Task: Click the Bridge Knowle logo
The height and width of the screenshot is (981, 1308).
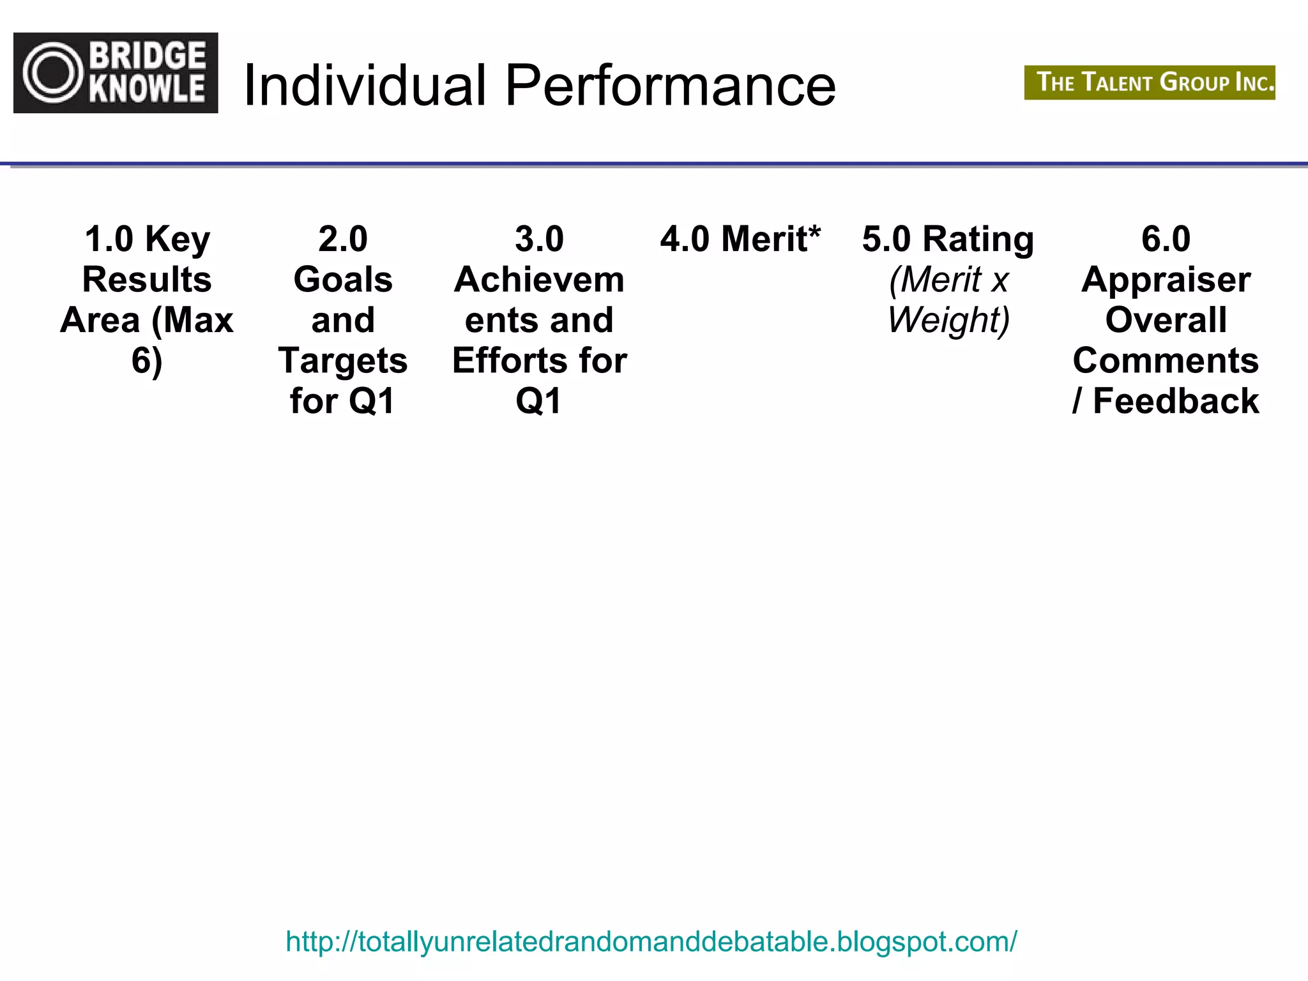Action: [x=116, y=73]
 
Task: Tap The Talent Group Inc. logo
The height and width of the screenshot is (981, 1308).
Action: [x=1149, y=82]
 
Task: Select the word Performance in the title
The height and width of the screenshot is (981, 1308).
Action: [x=670, y=86]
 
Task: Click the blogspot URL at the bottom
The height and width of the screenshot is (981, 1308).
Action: [x=651, y=941]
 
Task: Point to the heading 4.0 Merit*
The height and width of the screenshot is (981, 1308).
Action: [x=740, y=240]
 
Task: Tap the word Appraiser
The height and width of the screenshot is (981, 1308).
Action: [x=1166, y=280]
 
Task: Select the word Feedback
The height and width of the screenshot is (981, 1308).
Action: [x=1176, y=401]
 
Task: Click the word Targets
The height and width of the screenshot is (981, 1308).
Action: [x=343, y=361]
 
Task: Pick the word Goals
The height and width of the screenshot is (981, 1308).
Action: [x=343, y=280]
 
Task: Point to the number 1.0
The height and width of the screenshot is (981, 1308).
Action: [x=109, y=240]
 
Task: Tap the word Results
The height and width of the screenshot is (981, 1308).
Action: [x=147, y=280]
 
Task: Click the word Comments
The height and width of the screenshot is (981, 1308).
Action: [x=1166, y=361]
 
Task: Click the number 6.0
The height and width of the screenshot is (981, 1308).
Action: [x=1166, y=240]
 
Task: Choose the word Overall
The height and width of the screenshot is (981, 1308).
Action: [x=1166, y=320]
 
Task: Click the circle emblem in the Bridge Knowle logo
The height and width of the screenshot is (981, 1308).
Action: [x=54, y=73]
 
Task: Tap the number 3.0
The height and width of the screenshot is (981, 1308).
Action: [x=539, y=240]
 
